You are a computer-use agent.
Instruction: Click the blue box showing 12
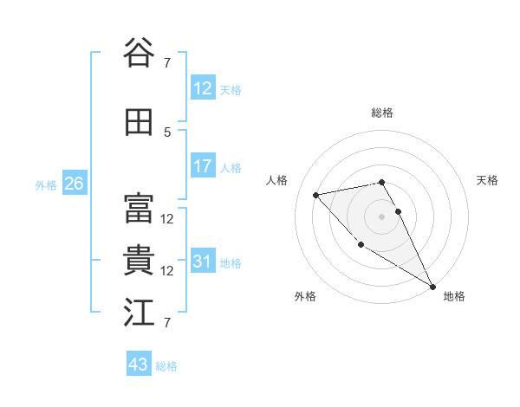coord(203,88)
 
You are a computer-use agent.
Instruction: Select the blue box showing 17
coord(203,166)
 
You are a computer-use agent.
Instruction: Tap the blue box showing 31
coord(203,262)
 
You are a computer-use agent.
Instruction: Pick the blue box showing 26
coord(74,184)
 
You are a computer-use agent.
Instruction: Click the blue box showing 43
coord(139,365)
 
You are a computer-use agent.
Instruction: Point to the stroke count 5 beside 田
coord(167,132)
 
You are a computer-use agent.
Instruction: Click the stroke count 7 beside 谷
coord(167,62)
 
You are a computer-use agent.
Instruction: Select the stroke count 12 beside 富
coord(167,219)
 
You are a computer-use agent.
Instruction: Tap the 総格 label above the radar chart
coord(382,113)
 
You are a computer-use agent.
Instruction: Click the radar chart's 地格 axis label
coord(454,296)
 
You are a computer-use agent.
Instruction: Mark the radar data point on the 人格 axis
coord(316,195)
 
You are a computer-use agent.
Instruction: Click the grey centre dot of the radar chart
coord(382,216)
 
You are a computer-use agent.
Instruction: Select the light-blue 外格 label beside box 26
coord(45,184)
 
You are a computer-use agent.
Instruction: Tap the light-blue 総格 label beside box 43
coord(166,366)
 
